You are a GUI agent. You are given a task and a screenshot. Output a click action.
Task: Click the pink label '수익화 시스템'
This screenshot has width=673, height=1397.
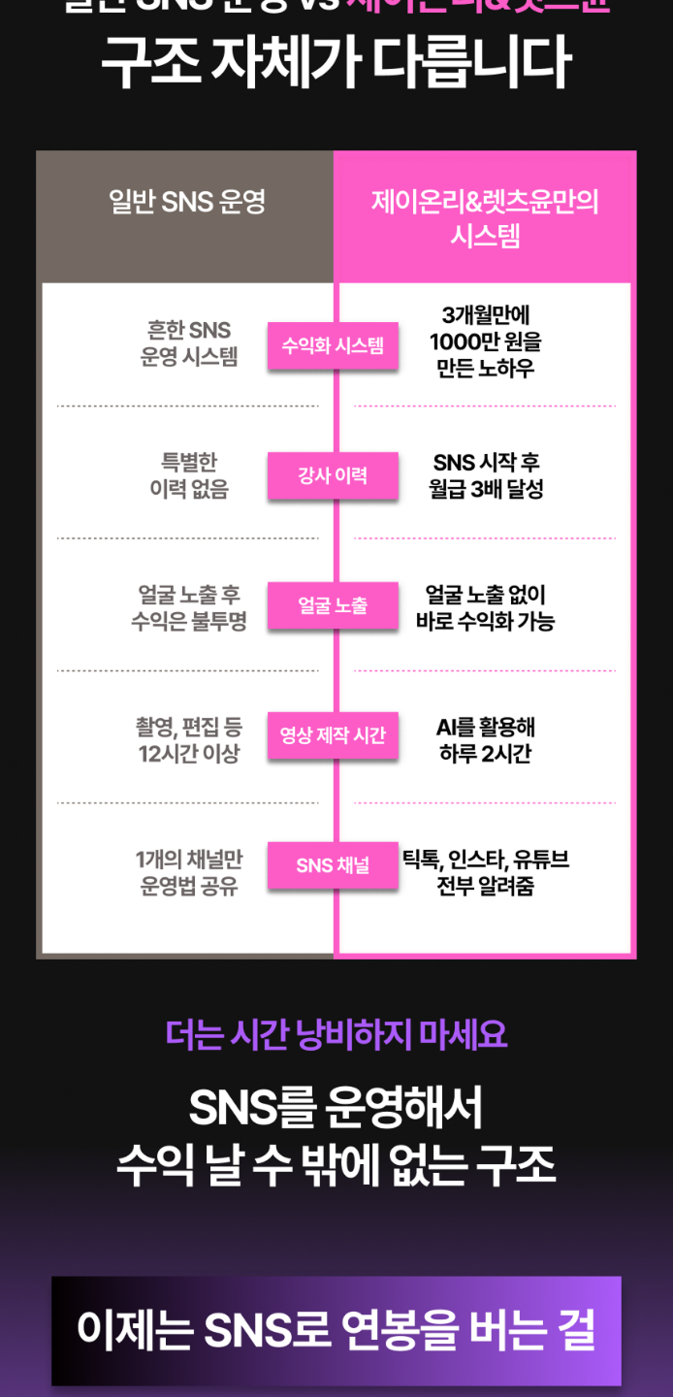333,346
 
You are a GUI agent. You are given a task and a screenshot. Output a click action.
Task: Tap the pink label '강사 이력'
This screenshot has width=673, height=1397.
333,476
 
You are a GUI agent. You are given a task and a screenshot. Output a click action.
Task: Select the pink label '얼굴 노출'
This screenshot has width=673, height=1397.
333,606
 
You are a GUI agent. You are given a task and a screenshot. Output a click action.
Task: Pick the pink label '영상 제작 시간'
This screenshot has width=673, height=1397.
333,735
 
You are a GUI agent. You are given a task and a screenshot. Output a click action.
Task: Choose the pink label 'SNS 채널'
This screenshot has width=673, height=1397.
333,865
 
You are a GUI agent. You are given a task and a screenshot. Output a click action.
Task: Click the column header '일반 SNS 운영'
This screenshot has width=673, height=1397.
187,203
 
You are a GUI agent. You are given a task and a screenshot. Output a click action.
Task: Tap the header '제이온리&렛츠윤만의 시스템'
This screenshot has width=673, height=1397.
485,217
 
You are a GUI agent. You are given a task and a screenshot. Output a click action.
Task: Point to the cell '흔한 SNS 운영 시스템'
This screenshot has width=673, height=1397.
189,343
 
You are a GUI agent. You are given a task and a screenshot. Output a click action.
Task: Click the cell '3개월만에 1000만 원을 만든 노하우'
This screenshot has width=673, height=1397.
485,341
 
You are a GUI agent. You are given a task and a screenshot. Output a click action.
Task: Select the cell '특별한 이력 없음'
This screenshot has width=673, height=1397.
189,475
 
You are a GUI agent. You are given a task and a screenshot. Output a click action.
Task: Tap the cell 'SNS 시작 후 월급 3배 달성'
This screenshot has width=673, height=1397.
485,475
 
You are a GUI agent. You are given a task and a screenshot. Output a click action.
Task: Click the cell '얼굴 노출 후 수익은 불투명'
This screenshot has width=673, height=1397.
189,607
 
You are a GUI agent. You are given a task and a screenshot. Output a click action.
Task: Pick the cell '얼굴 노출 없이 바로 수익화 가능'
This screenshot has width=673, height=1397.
485,607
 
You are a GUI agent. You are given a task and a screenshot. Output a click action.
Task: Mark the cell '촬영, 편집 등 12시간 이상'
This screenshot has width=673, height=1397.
189,739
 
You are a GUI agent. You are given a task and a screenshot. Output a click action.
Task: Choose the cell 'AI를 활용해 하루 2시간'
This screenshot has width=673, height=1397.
485,739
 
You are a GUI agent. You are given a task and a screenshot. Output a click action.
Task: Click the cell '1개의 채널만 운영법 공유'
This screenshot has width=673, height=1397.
189,872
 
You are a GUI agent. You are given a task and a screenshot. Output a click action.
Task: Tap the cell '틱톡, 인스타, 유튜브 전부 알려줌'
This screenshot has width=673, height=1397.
485,872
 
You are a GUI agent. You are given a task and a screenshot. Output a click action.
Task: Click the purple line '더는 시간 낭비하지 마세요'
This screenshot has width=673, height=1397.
336,1034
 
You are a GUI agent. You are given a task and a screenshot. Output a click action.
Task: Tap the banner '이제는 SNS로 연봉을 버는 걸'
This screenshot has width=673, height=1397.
336,1330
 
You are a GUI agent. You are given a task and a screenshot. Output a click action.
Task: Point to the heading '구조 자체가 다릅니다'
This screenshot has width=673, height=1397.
336,64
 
